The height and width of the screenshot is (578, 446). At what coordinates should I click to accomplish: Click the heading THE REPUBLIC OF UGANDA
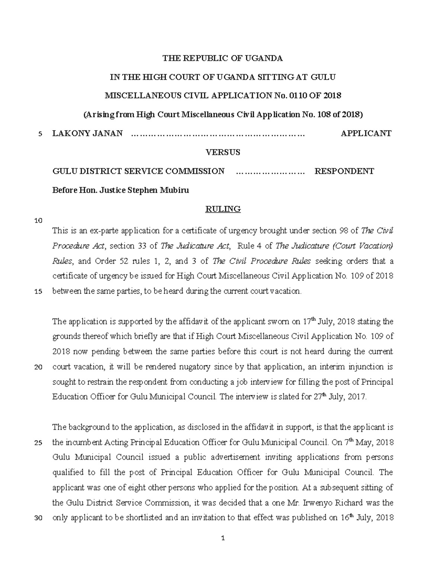tap(223, 58)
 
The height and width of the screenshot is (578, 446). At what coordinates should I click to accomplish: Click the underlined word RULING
tap(223, 209)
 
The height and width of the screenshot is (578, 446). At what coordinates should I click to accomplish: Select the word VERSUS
tap(223, 152)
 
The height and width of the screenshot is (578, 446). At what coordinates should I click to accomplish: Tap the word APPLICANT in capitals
tap(366, 133)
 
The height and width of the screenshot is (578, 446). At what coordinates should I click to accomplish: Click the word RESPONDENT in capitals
tap(344, 171)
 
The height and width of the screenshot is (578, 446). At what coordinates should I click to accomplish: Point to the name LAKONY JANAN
tap(87, 133)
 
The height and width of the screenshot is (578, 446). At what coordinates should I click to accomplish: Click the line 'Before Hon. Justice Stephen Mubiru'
tap(120, 190)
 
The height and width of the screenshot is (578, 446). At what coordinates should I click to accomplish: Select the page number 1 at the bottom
tap(223, 538)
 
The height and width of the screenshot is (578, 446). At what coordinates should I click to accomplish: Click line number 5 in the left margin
tap(41, 134)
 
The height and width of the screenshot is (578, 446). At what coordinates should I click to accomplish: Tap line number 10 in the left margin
tap(38, 220)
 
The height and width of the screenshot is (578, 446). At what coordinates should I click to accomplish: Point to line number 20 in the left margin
tap(38, 367)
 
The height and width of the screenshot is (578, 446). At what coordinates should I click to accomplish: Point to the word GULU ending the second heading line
tap(323, 77)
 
